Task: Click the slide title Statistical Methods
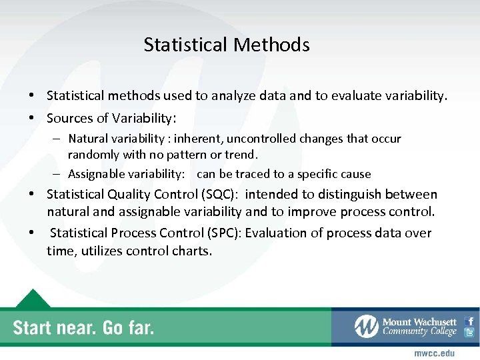[x=227, y=45]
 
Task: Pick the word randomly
[x=92, y=155]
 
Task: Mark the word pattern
[x=199, y=155]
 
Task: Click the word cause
[x=356, y=174]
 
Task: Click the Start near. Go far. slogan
[x=83, y=327]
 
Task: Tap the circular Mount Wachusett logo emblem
[x=366, y=326]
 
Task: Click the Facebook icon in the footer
[x=469, y=321]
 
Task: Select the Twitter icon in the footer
[x=469, y=333]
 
